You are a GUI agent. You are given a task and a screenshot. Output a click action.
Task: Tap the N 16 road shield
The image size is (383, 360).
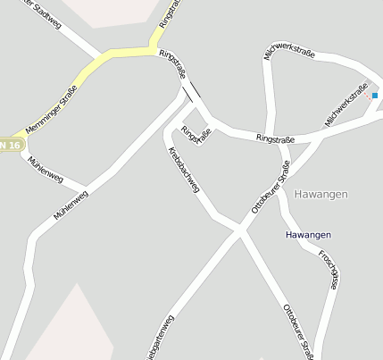pyautogui.click(x=10, y=144)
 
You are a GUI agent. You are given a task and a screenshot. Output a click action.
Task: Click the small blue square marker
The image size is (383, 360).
pyautogui.click(x=375, y=95)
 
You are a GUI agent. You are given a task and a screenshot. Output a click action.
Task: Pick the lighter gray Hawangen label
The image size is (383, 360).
pyautogui.click(x=321, y=194)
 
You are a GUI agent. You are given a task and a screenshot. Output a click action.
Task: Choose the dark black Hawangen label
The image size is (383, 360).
pyautogui.click(x=308, y=235)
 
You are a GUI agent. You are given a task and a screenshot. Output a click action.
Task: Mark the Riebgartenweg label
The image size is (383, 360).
pyautogui.click(x=159, y=339)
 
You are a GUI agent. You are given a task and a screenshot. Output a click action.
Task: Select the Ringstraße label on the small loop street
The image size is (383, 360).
pyautogui.click(x=196, y=136)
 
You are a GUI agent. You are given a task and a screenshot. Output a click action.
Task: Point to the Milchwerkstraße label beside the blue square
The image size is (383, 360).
pyautogui.click(x=346, y=106)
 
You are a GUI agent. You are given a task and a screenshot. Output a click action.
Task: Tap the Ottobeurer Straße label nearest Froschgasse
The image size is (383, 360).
pyautogui.click(x=297, y=331)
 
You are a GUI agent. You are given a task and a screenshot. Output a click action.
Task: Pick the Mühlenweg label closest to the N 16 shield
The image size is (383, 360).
pyautogui.click(x=44, y=166)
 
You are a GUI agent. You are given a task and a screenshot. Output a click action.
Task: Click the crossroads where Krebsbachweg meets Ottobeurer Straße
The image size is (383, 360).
pyautogui.click(x=239, y=230)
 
